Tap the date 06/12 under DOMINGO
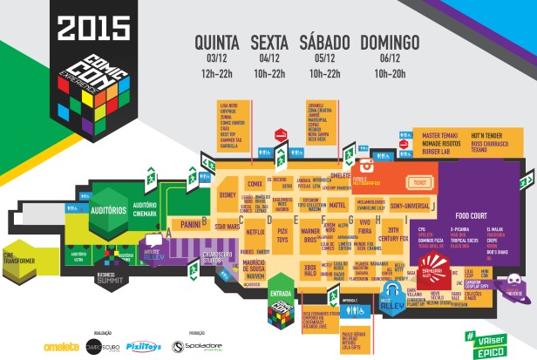[390, 58]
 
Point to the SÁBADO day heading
[324, 43]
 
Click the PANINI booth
[191, 224]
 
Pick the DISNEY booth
[228, 195]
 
